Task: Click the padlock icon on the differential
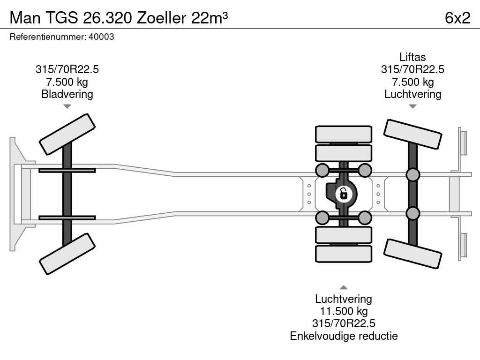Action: [x=344, y=194]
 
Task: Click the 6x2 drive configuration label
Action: [x=457, y=18]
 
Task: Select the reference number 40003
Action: [x=101, y=37]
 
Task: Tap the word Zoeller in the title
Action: [x=161, y=18]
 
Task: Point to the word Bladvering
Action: [x=67, y=94]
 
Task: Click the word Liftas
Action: [x=412, y=57]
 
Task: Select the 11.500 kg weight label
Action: [x=344, y=311]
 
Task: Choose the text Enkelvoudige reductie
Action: [x=344, y=336]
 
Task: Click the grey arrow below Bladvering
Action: [x=67, y=106]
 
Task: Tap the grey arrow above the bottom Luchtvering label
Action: [x=344, y=287]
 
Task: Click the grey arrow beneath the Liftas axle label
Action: [x=412, y=106]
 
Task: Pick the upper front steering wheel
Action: [x=67, y=134]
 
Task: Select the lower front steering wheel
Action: [x=67, y=254]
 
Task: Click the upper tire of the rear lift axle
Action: [x=412, y=134]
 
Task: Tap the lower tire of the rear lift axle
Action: [x=412, y=254]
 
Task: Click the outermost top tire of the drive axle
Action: [x=344, y=134]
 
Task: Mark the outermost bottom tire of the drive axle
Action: [x=344, y=254]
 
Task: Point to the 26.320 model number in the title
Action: [x=107, y=18]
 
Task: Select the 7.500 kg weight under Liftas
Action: [x=412, y=82]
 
